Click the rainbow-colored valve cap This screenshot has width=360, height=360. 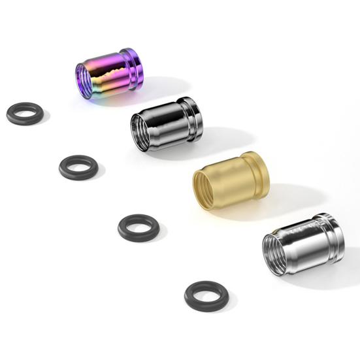coord(108,72)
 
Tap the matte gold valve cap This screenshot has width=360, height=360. coord(232,180)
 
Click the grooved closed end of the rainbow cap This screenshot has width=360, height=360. coord(132,67)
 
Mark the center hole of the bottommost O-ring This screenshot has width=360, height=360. coord(206,295)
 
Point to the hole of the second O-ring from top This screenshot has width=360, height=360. coord(78,166)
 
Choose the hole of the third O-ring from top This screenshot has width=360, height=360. coord(138,227)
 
